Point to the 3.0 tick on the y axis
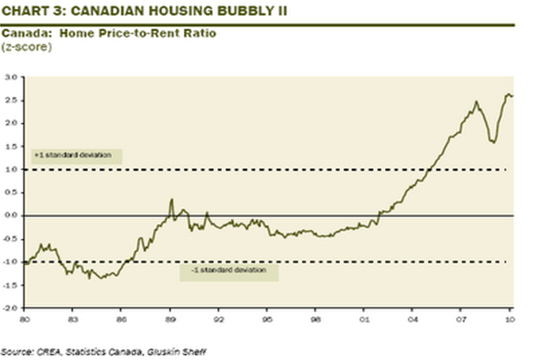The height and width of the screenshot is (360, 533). coord(12,78)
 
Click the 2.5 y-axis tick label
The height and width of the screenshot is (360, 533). coord(12,101)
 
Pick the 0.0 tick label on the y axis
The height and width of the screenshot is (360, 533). coord(12,216)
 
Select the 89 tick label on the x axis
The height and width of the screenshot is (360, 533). coord(171,318)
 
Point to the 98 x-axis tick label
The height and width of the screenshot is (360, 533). coord(317,318)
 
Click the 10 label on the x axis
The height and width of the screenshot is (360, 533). coord(511,318)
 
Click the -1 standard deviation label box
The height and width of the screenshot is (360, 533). coord(229,270)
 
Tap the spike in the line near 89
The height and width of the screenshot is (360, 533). coord(171,200)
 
